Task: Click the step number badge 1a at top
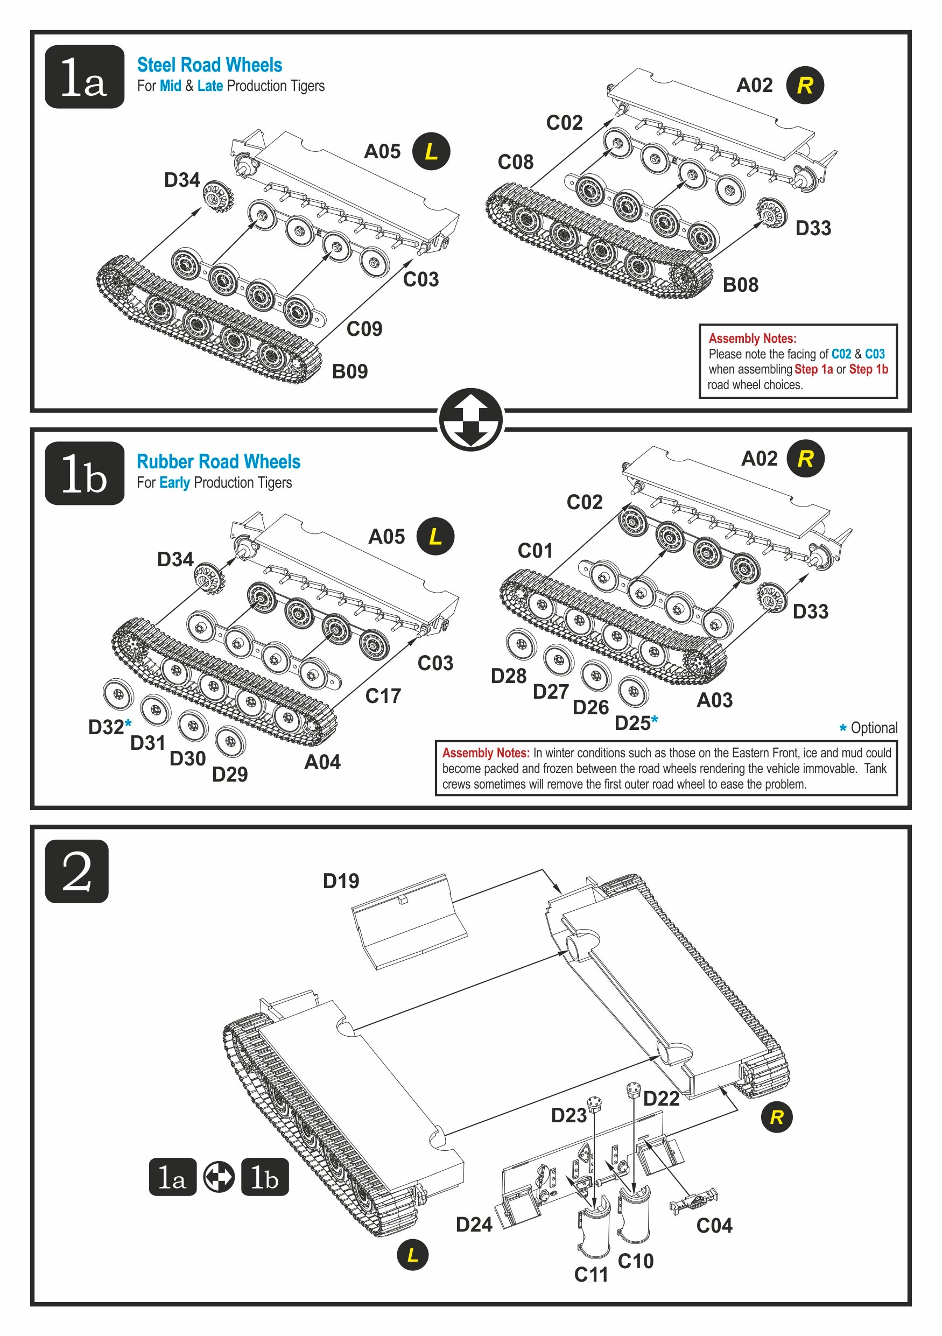[x=85, y=77]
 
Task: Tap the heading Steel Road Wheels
[x=209, y=65]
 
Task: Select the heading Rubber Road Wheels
[x=218, y=461]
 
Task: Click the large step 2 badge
[x=77, y=871]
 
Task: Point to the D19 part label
[x=341, y=881]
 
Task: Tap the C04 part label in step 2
[x=714, y=1226]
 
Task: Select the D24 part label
[x=474, y=1224]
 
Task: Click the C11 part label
[x=591, y=1274]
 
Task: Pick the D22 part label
[x=661, y=1099]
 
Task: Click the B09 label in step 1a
[x=350, y=371]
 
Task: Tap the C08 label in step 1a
[x=516, y=162]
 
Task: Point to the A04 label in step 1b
[x=322, y=762]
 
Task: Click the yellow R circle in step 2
[x=776, y=1116]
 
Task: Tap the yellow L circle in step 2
[x=412, y=1255]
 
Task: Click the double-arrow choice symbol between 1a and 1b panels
[x=470, y=419]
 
